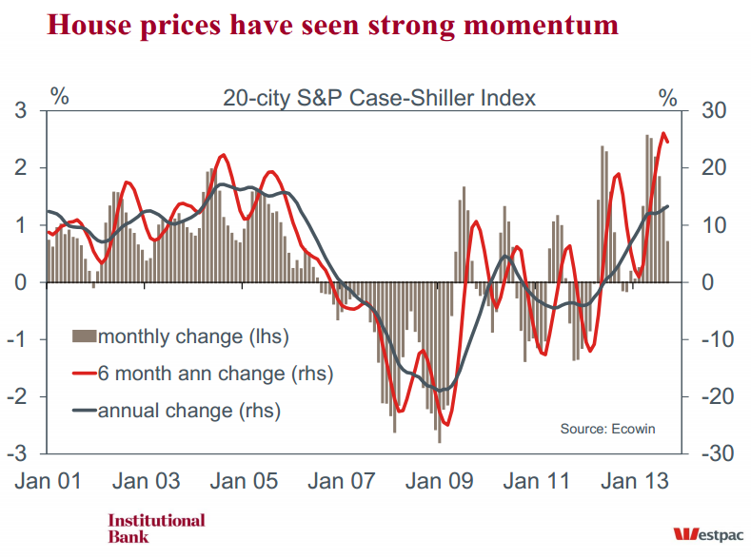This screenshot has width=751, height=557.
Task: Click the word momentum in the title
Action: (535, 25)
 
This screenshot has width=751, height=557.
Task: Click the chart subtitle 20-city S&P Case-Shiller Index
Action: (379, 98)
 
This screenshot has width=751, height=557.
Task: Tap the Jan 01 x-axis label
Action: (46, 481)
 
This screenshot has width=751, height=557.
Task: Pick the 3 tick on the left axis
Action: (20, 111)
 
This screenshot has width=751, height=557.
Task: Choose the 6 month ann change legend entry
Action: (215, 374)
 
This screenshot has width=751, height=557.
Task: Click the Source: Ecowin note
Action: (607, 429)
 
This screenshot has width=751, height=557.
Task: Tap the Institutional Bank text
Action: (156, 528)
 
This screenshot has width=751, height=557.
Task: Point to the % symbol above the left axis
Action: (60, 96)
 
